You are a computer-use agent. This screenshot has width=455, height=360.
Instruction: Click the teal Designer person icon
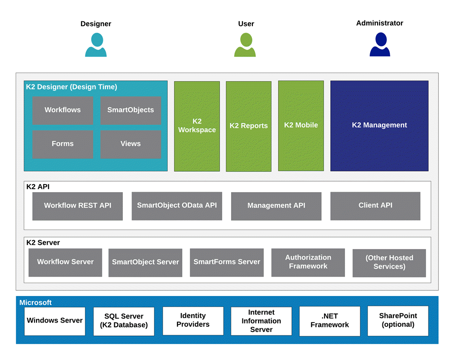pyautogui.click(x=96, y=46)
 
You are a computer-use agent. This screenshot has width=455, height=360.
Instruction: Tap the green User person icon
pyautogui.click(x=245, y=46)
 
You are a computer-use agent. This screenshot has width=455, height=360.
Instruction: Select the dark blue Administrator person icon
pyautogui.click(x=380, y=45)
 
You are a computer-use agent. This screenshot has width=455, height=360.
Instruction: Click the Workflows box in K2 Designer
pyautogui.click(x=63, y=110)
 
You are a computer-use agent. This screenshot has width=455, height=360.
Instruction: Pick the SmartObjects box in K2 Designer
pyautogui.click(x=130, y=110)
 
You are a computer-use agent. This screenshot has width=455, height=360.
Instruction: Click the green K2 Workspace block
pyautogui.click(x=197, y=126)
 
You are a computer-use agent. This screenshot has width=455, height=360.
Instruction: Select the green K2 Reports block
pyautogui.click(x=249, y=126)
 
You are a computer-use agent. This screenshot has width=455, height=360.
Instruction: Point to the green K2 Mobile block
pyautogui.click(x=301, y=126)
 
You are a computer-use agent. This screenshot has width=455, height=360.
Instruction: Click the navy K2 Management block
pyautogui.click(x=379, y=126)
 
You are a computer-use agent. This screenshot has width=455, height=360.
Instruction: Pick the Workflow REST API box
pyautogui.click(x=77, y=206)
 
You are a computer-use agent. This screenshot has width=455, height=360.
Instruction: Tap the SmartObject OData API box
pyautogui.click(x=176, y=206)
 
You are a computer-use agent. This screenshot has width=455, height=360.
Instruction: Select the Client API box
pyautogui.click(x=375, y=206)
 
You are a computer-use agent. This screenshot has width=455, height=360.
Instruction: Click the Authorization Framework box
pyautogui.click(x=308, y=262)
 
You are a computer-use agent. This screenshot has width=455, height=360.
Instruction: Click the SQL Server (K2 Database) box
pyautogui.click(x=123, y=321)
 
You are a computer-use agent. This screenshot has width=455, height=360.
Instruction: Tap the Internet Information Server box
pyautogui.click(x=261, y=321)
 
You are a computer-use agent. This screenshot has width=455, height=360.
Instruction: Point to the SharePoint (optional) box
pyautogui.click(x=398, y=321)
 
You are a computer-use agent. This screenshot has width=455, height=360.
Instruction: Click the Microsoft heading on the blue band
pyautogui.click(x=36, y=303)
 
